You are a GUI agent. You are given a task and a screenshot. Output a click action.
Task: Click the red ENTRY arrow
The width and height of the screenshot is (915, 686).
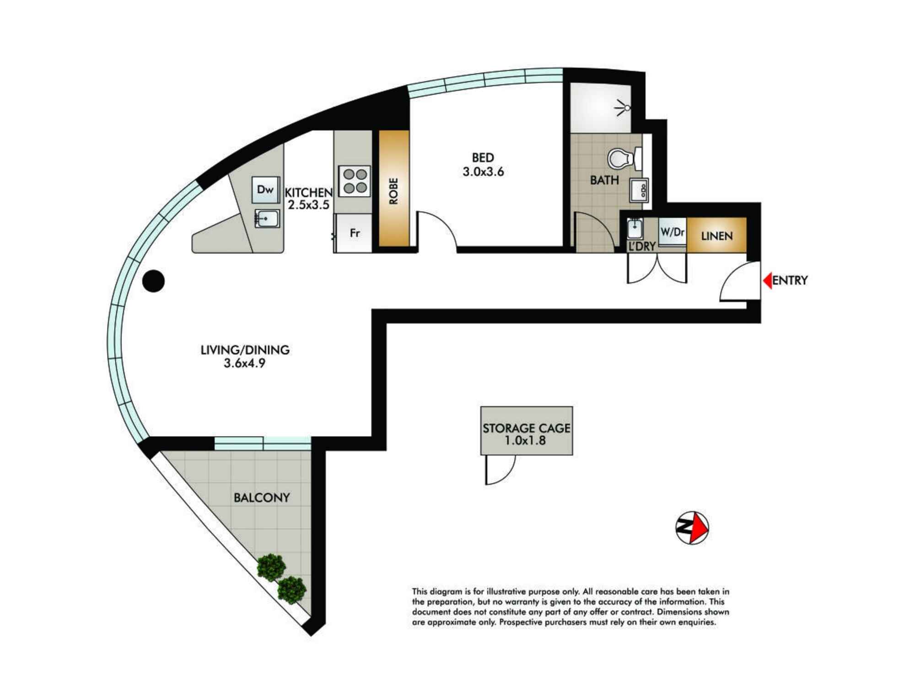(x=767, y=280)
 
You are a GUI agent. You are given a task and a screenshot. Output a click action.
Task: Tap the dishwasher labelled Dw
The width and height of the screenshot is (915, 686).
(x=265, y=189)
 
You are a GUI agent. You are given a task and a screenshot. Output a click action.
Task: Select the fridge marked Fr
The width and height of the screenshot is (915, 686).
(x=354, y=233)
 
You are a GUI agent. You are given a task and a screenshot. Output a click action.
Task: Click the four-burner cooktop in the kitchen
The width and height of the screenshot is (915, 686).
(x=355, y=181)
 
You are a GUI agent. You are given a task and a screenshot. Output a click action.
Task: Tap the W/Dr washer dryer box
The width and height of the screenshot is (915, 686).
(x=672, y=232)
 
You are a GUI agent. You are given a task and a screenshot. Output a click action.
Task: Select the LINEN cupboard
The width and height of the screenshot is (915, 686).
(x=716, y=236)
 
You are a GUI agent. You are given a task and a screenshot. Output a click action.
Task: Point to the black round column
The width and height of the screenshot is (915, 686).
(x=153, y=281)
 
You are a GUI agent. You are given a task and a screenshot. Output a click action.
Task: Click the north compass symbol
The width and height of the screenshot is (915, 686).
(x=692, y=528)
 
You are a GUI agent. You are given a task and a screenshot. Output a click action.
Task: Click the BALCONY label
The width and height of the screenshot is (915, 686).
(x=262, y=498)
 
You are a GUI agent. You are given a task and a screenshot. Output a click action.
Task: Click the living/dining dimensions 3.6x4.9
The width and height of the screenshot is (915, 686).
(x=244, y=364)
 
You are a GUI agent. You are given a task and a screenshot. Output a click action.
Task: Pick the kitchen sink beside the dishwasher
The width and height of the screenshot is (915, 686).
(x=267, y=219)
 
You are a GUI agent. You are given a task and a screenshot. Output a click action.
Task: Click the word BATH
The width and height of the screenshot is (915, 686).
(x=604, y=180)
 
